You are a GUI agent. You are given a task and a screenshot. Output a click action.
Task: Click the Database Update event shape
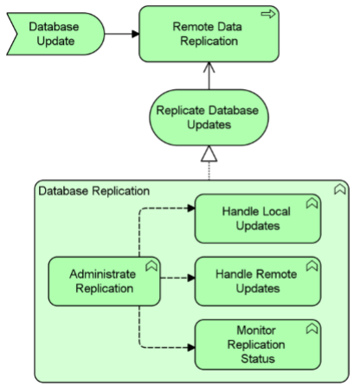(x=55, y=34)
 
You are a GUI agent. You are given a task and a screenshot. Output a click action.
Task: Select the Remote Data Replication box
(x=209, y=34)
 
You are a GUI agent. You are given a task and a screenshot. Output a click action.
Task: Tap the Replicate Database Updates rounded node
(x=209, y=118)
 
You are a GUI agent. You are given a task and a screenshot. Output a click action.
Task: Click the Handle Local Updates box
(x=258, y=219)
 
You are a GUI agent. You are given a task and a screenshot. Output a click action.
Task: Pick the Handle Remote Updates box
(x=258, y=281)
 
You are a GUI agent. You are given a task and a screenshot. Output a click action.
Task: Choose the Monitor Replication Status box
(x=258, y=344)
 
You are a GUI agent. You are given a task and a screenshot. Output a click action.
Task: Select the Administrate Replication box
(x=104, y=281)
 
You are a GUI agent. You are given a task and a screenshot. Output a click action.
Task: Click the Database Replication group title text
(x=94, y=191)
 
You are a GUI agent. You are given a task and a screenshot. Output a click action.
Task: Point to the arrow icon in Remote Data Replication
(x=268, y=14)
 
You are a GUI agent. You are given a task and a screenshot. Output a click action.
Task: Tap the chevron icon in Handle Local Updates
(x=312, y=202)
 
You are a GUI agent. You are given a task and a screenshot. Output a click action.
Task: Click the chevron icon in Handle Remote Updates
(x=312, y=266)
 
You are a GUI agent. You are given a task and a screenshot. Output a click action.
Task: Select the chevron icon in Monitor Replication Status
(x=312, y=328)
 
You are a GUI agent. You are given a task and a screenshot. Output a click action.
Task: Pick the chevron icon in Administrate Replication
(x=151, y=266)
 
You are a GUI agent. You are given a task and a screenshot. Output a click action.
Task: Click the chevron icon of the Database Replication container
(x=340, y=190)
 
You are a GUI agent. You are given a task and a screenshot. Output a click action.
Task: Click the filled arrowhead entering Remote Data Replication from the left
(x=136, y=34)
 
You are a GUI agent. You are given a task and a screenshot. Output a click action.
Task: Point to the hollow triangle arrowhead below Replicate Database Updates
(x=209, y=153)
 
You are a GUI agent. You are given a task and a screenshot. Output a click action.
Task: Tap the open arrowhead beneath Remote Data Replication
(x=209, y=67)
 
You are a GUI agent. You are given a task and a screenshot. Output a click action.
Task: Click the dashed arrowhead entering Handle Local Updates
(x=191, y=208)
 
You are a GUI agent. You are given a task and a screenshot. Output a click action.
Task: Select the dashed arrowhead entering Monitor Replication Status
(x=191, y=348)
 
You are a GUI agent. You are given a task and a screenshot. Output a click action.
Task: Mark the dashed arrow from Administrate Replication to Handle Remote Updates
(x=177, y=278)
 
